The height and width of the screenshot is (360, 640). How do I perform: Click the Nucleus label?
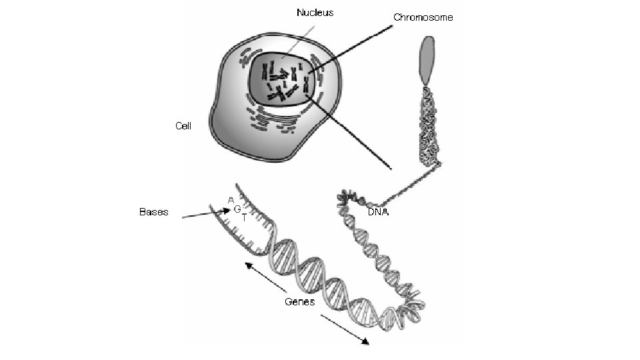[x=315, y=12]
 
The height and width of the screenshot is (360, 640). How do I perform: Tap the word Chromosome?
[x=423, y=17]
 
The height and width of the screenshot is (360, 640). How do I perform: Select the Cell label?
[x=183, y=125]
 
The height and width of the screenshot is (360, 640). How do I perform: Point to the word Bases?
[x=153, y=212]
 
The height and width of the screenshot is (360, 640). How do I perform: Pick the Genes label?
[x=299, y=301]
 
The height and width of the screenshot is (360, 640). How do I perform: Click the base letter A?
[x=230, y=199]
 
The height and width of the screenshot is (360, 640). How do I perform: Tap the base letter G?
[x=237, y=209]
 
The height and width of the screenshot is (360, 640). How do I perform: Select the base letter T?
[x=244, y=218]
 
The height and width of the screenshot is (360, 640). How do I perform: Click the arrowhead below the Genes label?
[x=365, y=342]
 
